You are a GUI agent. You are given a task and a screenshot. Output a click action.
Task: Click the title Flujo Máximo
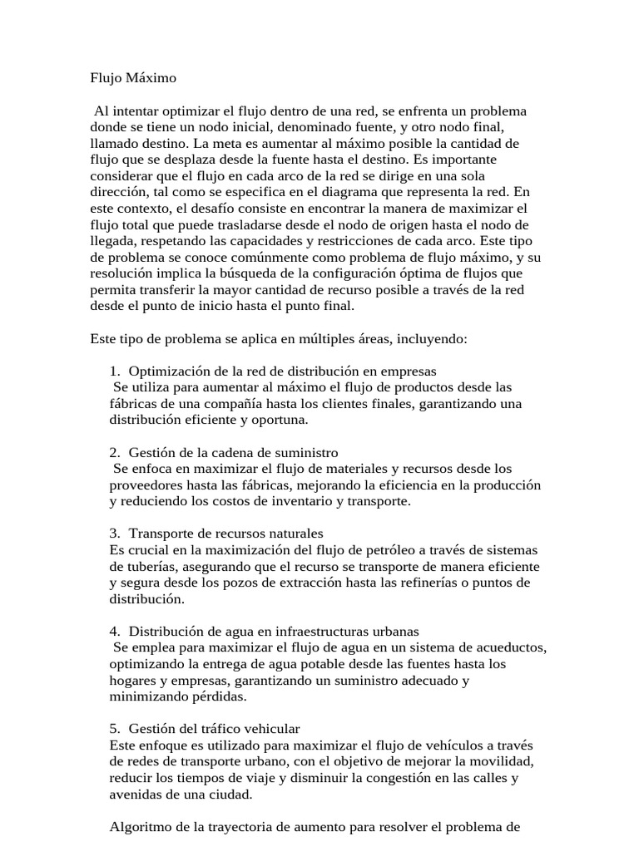click(133, 79)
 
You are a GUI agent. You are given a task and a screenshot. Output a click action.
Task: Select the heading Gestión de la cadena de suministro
click(233, 453)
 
